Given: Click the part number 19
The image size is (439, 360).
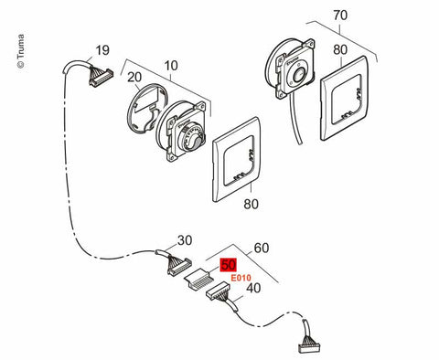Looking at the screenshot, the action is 102,50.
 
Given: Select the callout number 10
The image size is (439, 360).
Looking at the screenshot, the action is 171,66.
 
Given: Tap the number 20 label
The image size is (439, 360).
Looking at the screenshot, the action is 134,78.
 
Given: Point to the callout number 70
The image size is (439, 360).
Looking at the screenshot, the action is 340,15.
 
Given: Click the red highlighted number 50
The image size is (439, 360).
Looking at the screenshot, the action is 229,265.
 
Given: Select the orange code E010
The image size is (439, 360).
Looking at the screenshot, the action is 241,278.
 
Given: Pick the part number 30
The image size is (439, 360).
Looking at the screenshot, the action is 185,240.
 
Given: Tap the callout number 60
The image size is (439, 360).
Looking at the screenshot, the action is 262,249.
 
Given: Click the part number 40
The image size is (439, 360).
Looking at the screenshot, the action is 253,288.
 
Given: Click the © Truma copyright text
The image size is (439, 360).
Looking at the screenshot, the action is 20,51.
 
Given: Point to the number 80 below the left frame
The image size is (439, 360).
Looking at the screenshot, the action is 251,204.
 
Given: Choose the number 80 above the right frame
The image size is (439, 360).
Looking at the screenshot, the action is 340,49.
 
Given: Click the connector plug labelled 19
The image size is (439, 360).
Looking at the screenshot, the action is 100,78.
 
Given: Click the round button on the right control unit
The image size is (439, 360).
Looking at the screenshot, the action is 298,75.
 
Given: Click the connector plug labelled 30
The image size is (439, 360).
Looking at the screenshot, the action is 179,266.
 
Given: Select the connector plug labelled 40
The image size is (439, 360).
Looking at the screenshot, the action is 217,291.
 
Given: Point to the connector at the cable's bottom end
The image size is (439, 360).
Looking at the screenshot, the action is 309,345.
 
